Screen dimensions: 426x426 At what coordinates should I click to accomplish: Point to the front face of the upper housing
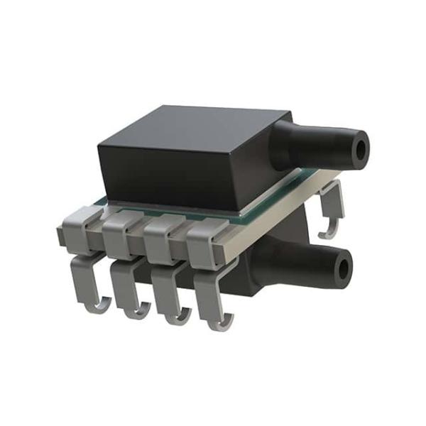[170, 177]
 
